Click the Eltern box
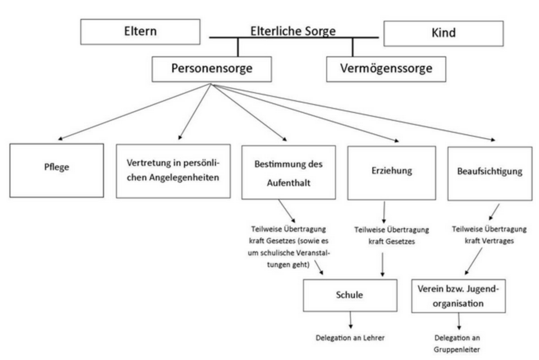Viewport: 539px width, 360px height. [140, 31]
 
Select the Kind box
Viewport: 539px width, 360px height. [444, 33]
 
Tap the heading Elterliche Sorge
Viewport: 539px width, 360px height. [293, 31]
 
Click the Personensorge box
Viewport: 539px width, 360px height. [212, 69]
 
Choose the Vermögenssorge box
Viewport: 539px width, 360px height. [386, 69]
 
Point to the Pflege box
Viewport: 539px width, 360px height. [57, 171]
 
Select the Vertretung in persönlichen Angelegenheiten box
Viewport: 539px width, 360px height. [173, 171]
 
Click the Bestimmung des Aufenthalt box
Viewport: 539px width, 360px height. [289, 172]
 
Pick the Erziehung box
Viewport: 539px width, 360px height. [391, 173]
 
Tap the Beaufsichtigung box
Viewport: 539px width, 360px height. [490, 174]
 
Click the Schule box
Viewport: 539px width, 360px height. [350, 295]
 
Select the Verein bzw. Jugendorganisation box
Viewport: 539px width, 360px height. [458, 296]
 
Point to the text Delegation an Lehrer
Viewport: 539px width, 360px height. [350, 338]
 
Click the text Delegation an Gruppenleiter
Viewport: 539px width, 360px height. [457, 344]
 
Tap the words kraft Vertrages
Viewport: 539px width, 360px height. [489, 241]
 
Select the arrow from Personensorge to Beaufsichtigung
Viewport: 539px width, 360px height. [353, 112]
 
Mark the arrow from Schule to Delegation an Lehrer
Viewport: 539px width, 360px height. [350, 320]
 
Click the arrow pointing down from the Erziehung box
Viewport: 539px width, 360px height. [383, 212]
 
